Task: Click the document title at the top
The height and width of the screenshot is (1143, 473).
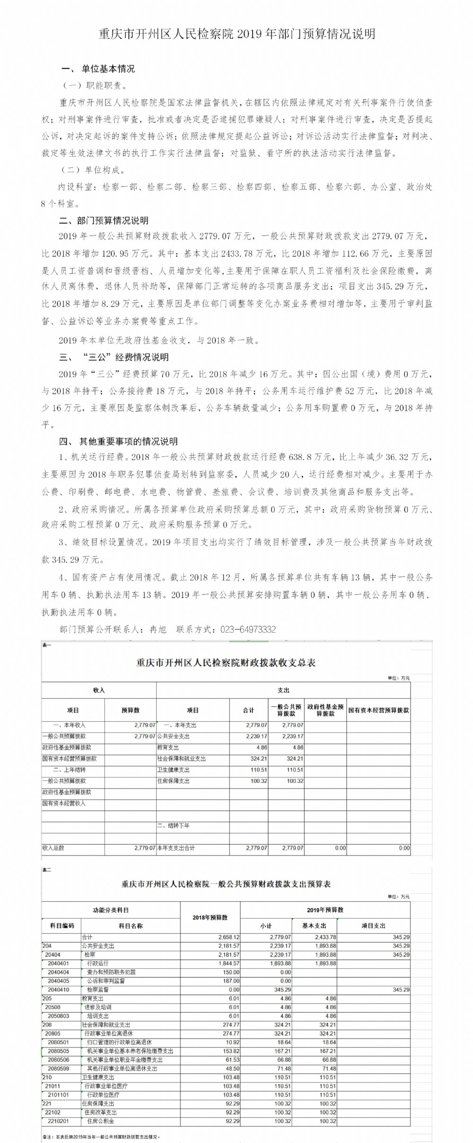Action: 236,34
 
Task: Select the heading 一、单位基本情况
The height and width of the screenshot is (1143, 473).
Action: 98,69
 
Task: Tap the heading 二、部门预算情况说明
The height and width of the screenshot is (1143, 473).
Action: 104,221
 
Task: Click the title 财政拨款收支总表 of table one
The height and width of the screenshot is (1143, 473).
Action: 226,663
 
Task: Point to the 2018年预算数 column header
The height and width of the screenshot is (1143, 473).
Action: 210,917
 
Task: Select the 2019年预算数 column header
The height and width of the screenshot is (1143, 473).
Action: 325,910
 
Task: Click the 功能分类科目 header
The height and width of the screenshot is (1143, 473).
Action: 111,910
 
